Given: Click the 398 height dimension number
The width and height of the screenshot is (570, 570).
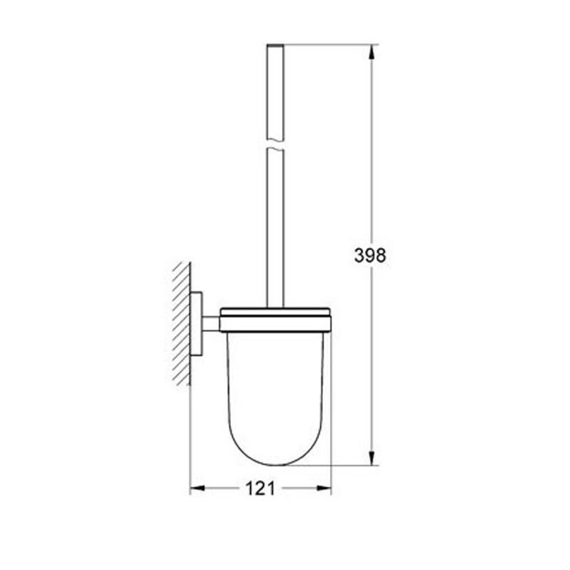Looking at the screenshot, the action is (370, 255).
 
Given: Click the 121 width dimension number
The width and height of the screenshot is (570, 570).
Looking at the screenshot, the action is (260, 488).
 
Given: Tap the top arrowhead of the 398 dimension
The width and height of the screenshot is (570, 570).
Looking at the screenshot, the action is (371, 52).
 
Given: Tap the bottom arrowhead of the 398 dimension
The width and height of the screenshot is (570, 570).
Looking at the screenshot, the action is (371, 457).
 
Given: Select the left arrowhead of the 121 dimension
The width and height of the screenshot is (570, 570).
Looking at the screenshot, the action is (198, 488).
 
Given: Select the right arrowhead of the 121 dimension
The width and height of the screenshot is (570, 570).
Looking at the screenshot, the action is (324, 488).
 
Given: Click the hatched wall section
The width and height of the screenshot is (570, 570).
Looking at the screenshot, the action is (182, 323).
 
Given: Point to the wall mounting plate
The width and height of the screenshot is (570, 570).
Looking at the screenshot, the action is (197, 323).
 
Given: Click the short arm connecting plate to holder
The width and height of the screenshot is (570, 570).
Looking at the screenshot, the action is (211, 323).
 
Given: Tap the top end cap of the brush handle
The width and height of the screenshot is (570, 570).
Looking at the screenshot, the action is (275, 46).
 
